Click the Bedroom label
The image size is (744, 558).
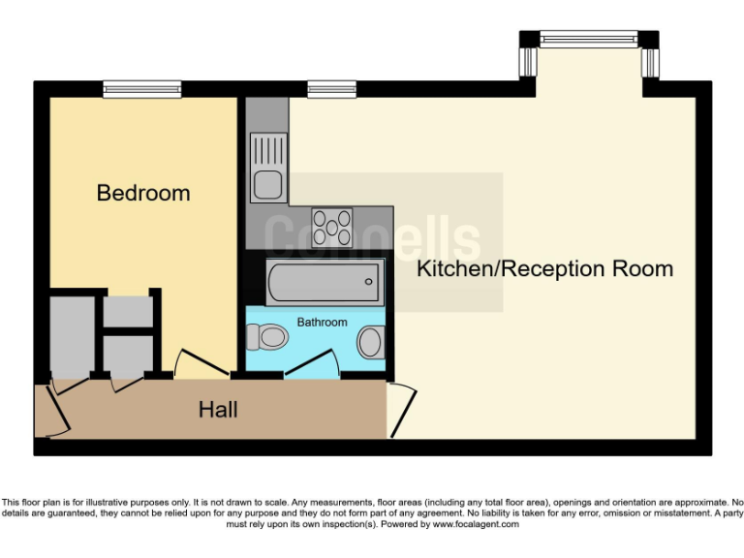tap(143, 193)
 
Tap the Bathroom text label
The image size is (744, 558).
tap(322, 322)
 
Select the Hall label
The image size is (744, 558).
tap(218, 410)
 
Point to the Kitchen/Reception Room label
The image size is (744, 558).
tap(544, 268)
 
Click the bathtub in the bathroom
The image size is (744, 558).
tap(325, 282)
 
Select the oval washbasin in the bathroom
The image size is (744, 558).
tap(370, 342)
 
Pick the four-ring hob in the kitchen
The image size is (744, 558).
tap(331, 228)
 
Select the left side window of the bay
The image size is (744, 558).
tap(528, 62)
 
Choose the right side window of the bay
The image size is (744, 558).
tap(650, 62)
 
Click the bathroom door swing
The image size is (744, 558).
tap(310, 365)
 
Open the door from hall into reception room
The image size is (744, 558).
tap(401, 410)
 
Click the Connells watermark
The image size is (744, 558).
tap(373, 238)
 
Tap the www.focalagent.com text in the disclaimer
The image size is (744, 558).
tap(475, 524)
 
